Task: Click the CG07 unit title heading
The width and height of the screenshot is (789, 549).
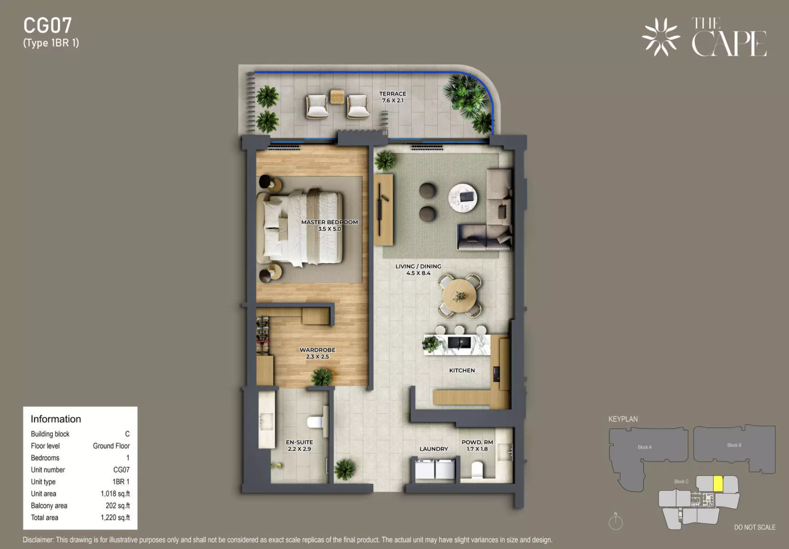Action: coord(48,25)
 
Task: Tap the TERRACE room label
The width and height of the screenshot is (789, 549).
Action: coord(393,94)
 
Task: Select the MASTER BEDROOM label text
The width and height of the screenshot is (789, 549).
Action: coord(329,222)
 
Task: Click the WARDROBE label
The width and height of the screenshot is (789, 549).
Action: coord(317,350)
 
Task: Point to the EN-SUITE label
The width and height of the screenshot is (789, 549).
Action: coord(299,442)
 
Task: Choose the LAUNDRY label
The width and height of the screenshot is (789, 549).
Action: coord(434,449)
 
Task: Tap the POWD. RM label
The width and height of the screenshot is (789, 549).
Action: coord(477,442)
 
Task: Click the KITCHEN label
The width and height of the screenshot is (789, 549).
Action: coord(462,370)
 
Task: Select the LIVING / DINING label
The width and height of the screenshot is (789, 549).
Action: coord(418,266)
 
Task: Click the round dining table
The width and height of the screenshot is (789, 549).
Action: coord(459,296)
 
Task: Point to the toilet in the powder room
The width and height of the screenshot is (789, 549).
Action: coord(477,469)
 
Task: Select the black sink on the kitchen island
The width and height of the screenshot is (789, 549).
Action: coord(459,342)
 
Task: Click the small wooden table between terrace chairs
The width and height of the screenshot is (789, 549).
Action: coord(337,97)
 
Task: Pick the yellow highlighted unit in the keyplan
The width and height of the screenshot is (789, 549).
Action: coord(718,484)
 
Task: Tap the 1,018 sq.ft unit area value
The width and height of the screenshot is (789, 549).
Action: coord(115,493)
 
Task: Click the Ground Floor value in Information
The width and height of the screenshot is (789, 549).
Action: coord(111,446)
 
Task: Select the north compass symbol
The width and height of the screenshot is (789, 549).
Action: coord(616,522)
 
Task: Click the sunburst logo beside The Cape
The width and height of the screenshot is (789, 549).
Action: coord(661,37)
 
